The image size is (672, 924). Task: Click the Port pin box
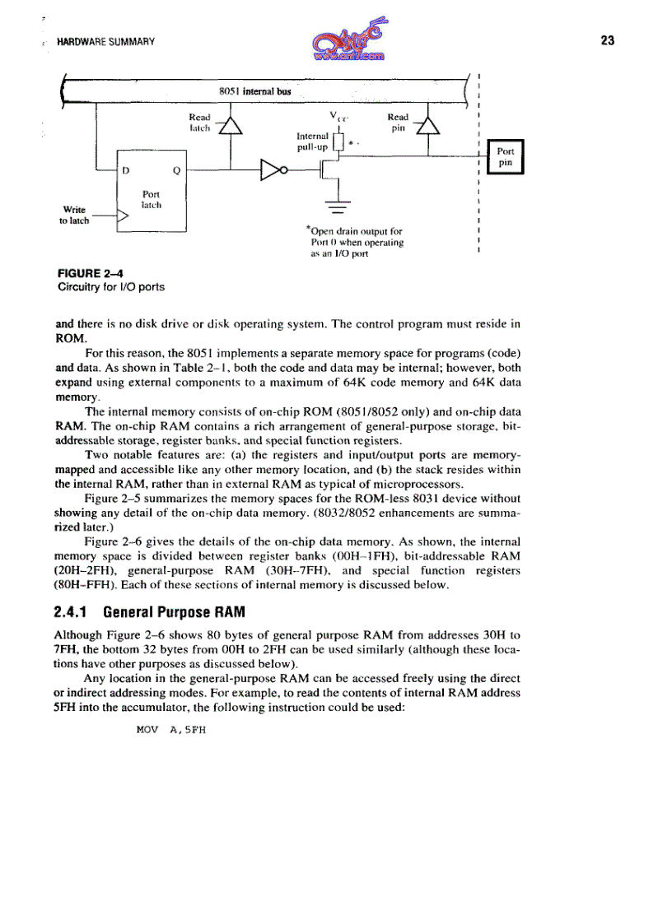point(506,157)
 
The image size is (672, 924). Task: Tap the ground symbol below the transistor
point(337,206)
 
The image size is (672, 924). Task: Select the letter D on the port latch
point(128,172)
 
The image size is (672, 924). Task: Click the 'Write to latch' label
point(75,214)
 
